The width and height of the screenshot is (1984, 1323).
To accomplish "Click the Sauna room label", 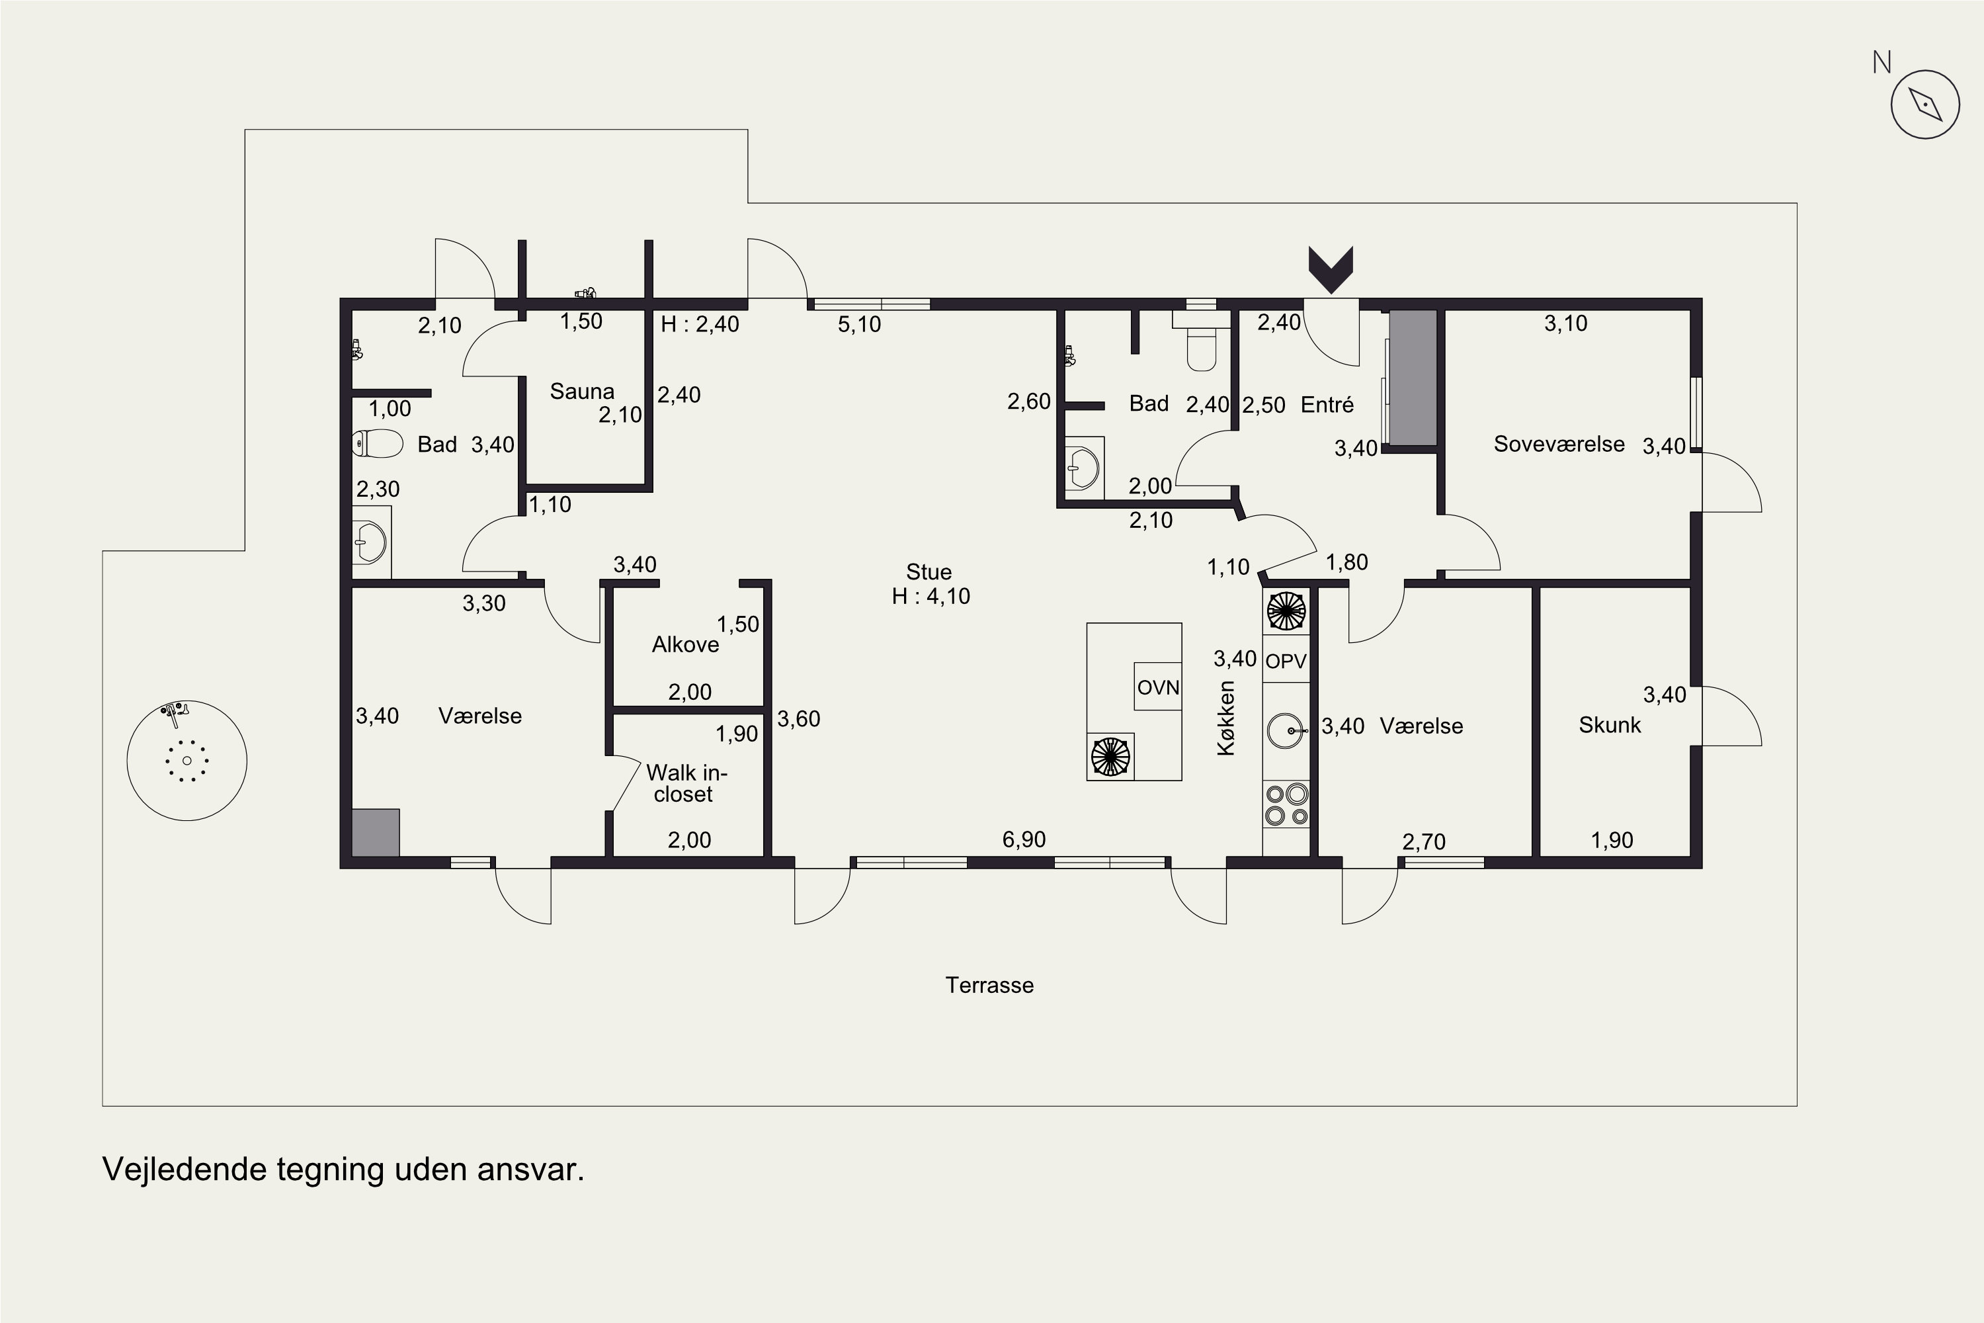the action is (582, 392).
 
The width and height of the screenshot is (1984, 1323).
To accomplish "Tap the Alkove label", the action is (685, 644).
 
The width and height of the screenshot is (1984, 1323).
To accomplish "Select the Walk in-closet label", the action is (686, 783).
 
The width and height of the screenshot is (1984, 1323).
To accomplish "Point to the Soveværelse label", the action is (1559, 444).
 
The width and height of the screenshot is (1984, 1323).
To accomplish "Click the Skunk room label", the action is (1610, 725).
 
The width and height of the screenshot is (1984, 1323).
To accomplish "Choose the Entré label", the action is (1327, 405).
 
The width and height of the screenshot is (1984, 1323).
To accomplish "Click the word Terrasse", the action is (989, 985).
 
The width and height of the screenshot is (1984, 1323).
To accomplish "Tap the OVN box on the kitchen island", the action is (1157, 687).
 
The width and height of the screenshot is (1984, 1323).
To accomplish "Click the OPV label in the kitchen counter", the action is (1286, 661).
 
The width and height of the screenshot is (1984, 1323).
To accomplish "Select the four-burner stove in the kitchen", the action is (1286, 804).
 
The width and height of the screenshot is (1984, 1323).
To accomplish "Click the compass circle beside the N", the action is (1925, 105).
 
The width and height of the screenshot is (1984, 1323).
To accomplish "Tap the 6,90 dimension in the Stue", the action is (1024, 839).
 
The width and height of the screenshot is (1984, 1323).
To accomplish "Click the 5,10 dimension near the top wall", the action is (860, 324).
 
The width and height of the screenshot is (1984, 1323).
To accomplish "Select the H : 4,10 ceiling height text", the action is (931, 597).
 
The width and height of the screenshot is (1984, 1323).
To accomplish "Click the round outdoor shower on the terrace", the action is (186, 760).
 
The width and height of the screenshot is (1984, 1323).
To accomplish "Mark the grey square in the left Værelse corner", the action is (376, 833).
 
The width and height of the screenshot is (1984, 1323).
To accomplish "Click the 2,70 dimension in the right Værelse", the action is (1424, 841).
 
